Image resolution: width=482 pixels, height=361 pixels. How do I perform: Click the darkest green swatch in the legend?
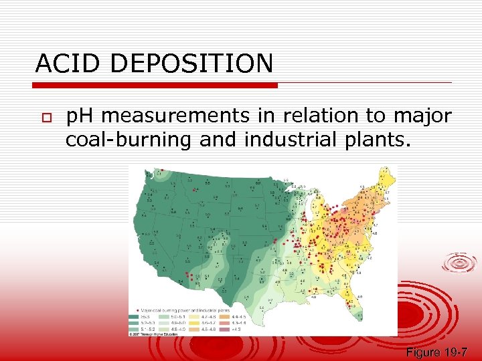134,318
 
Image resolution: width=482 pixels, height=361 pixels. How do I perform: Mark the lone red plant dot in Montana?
194,191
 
